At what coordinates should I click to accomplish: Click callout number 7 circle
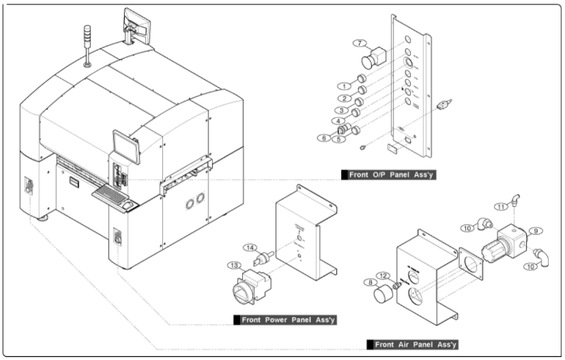click(x=360, y=44)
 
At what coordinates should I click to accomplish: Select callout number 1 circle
click(x=342, y=85)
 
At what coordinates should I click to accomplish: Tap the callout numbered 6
click(x=321, y=137)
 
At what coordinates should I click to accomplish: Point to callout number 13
click(x=236, y=265)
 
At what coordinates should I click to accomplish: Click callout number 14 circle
click(x=250, y=248)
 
